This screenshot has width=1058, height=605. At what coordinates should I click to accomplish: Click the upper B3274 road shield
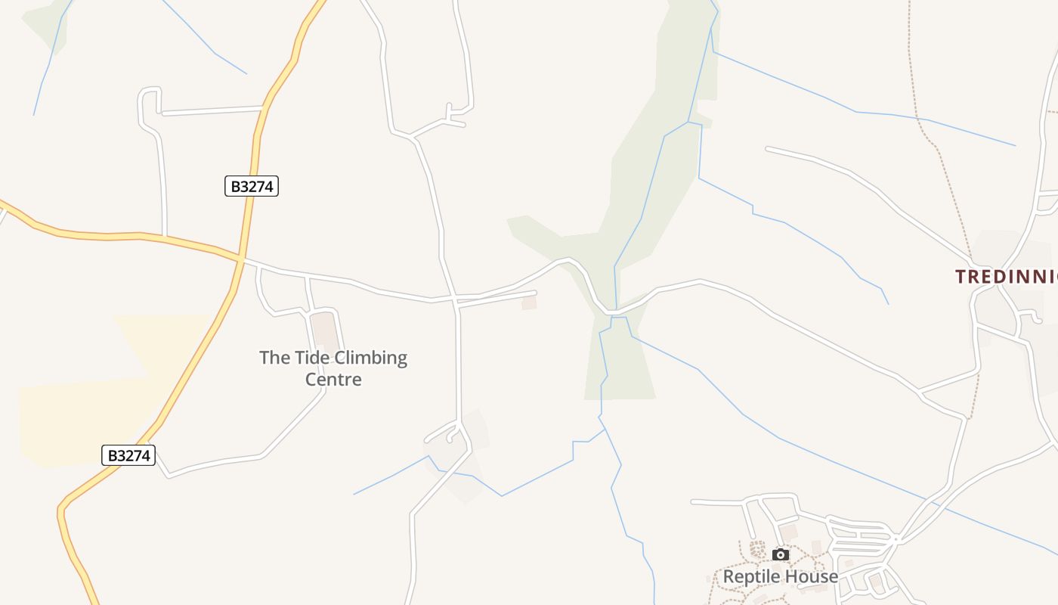[252, 186]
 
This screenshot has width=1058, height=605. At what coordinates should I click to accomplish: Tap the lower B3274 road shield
[128, 455]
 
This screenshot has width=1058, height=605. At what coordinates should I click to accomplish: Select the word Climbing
[370, 358]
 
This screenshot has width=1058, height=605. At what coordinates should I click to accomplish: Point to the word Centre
[333, 380]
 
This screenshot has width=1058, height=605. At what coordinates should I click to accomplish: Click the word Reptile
[750, 576]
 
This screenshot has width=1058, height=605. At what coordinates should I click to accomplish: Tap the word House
[810, 576]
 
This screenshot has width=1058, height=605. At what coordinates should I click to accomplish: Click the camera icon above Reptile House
[781, 554]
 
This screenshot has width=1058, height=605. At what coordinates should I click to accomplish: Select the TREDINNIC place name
[1005, 277]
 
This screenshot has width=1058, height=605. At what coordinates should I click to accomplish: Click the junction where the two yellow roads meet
[240, 259]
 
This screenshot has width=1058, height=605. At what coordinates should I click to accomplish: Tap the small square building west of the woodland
[529, 302]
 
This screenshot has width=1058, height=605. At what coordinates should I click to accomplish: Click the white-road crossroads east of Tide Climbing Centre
[456, 300]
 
